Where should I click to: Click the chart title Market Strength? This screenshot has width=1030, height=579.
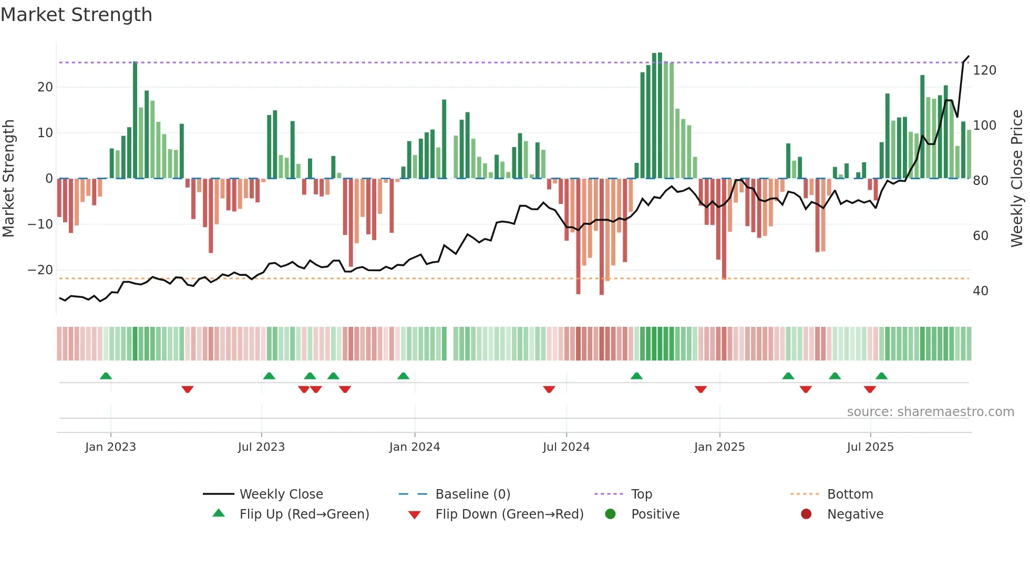click(x=77, y=15)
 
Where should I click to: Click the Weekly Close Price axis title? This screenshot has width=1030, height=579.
click(x=1017, y=179)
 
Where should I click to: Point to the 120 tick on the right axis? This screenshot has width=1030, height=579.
click(x=984, y=70)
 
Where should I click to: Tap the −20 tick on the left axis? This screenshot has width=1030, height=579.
click(x=40, y=270)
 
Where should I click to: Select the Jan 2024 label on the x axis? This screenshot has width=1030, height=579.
click(x=414, y=447)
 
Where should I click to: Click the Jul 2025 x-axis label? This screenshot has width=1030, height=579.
click(x=870, y=447)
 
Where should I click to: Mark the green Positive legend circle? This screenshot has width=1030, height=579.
click(x=610, y=514)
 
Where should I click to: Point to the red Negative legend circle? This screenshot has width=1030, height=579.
click(x=806, y=514)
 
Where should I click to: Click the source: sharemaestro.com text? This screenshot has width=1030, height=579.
click(x=930, y=412)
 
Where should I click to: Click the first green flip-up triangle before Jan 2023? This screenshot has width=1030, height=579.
click(x=106, y=376)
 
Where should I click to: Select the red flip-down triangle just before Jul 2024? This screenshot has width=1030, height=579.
click(x=549, y=389)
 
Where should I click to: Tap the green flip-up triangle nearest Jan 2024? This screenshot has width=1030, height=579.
click(x=403, y=376)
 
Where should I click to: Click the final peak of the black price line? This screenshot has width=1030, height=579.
click(x=968, y=56)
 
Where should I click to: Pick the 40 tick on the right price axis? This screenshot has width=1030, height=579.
click(x=980, y=291)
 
